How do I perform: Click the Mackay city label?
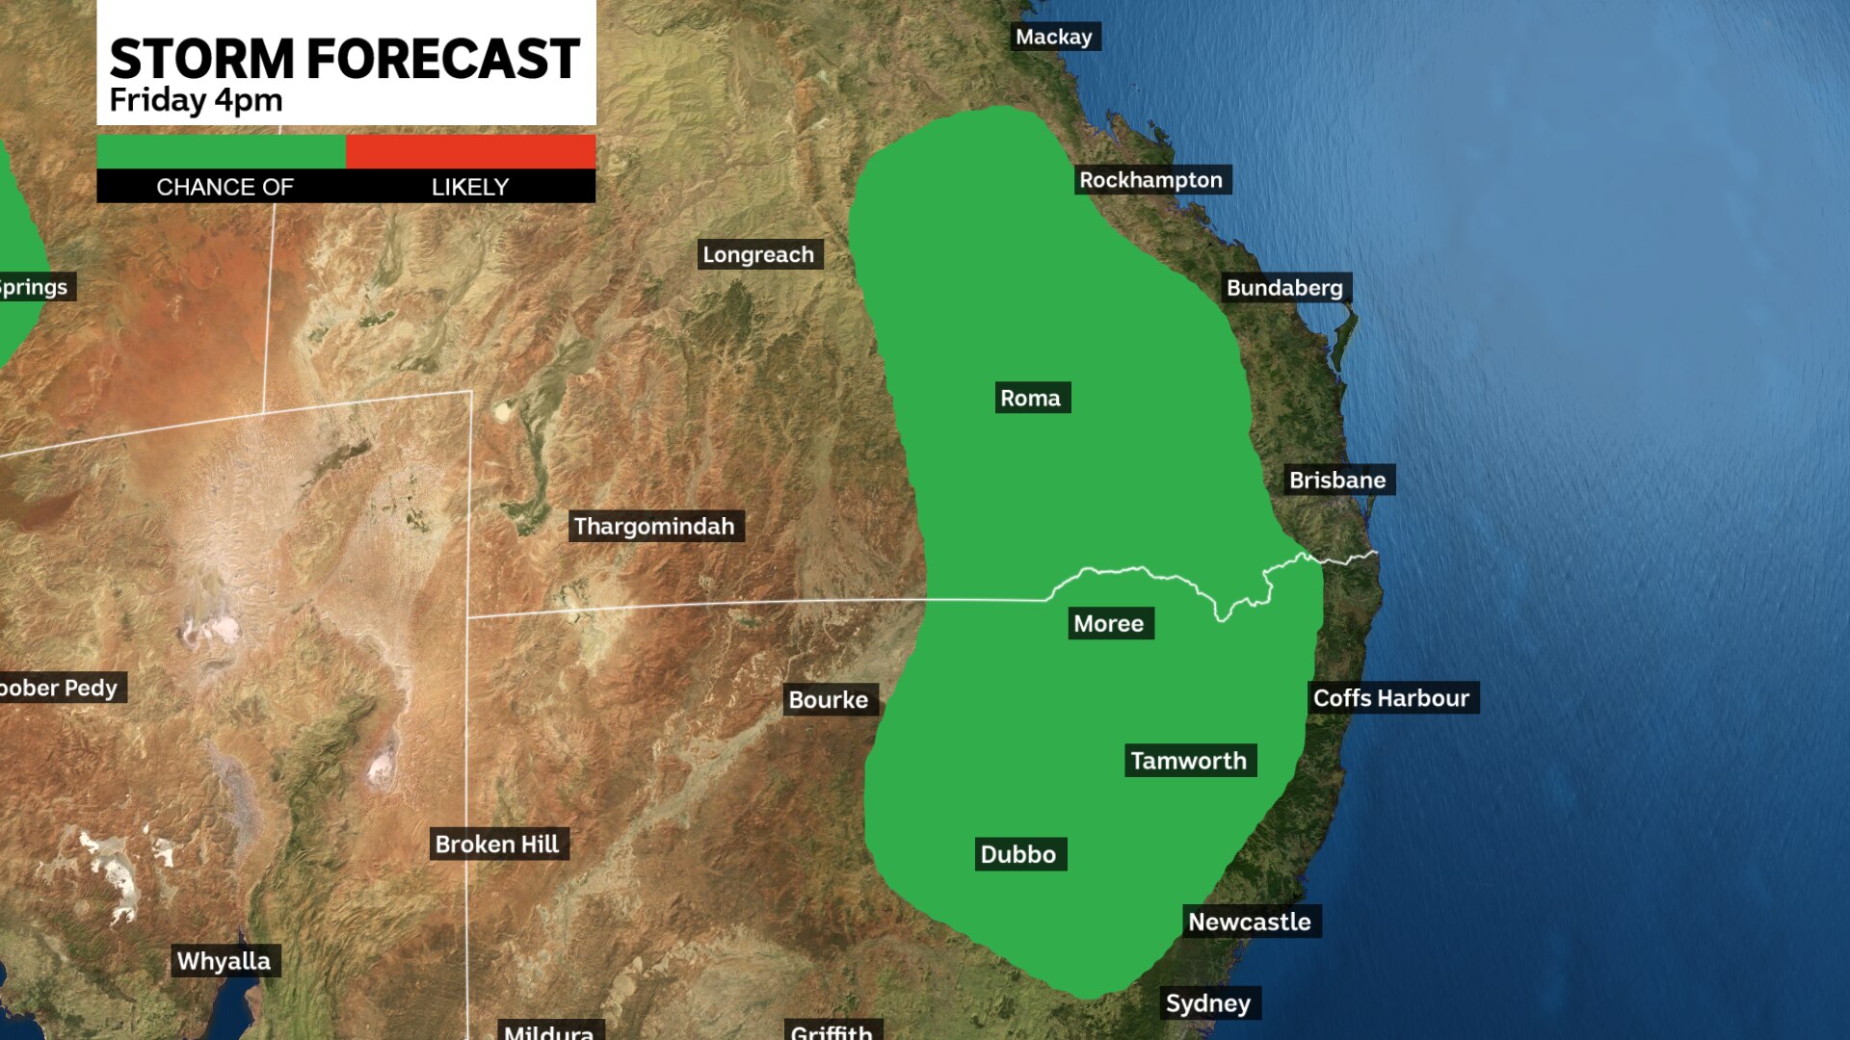[x=1054, y=37]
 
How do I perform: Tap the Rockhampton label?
[x=1150, y=180]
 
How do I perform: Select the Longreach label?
[x=758, y=254]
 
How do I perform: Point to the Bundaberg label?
[x=1284, y=288]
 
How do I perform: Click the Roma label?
[x=1030, y=398]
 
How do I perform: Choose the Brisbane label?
[x=1337, y=480]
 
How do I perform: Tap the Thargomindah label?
[x=654, y=526]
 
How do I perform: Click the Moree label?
[x=1109, y=624]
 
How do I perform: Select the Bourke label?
[x=829, y=700]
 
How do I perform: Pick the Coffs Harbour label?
[x=1391, y=698]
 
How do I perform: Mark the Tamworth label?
[x=1189, y=761]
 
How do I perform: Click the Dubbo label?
[x=1018, y=854]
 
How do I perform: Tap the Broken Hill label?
[x=497, y=845]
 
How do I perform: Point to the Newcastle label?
[x=1250, y=922]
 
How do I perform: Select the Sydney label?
[x=1208, y=1003]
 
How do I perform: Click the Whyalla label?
[x=224, y=961]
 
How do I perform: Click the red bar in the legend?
[x=470, y=151]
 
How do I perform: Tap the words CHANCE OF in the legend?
[x=225, y=187]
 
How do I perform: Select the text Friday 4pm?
[x=196, y=100]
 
